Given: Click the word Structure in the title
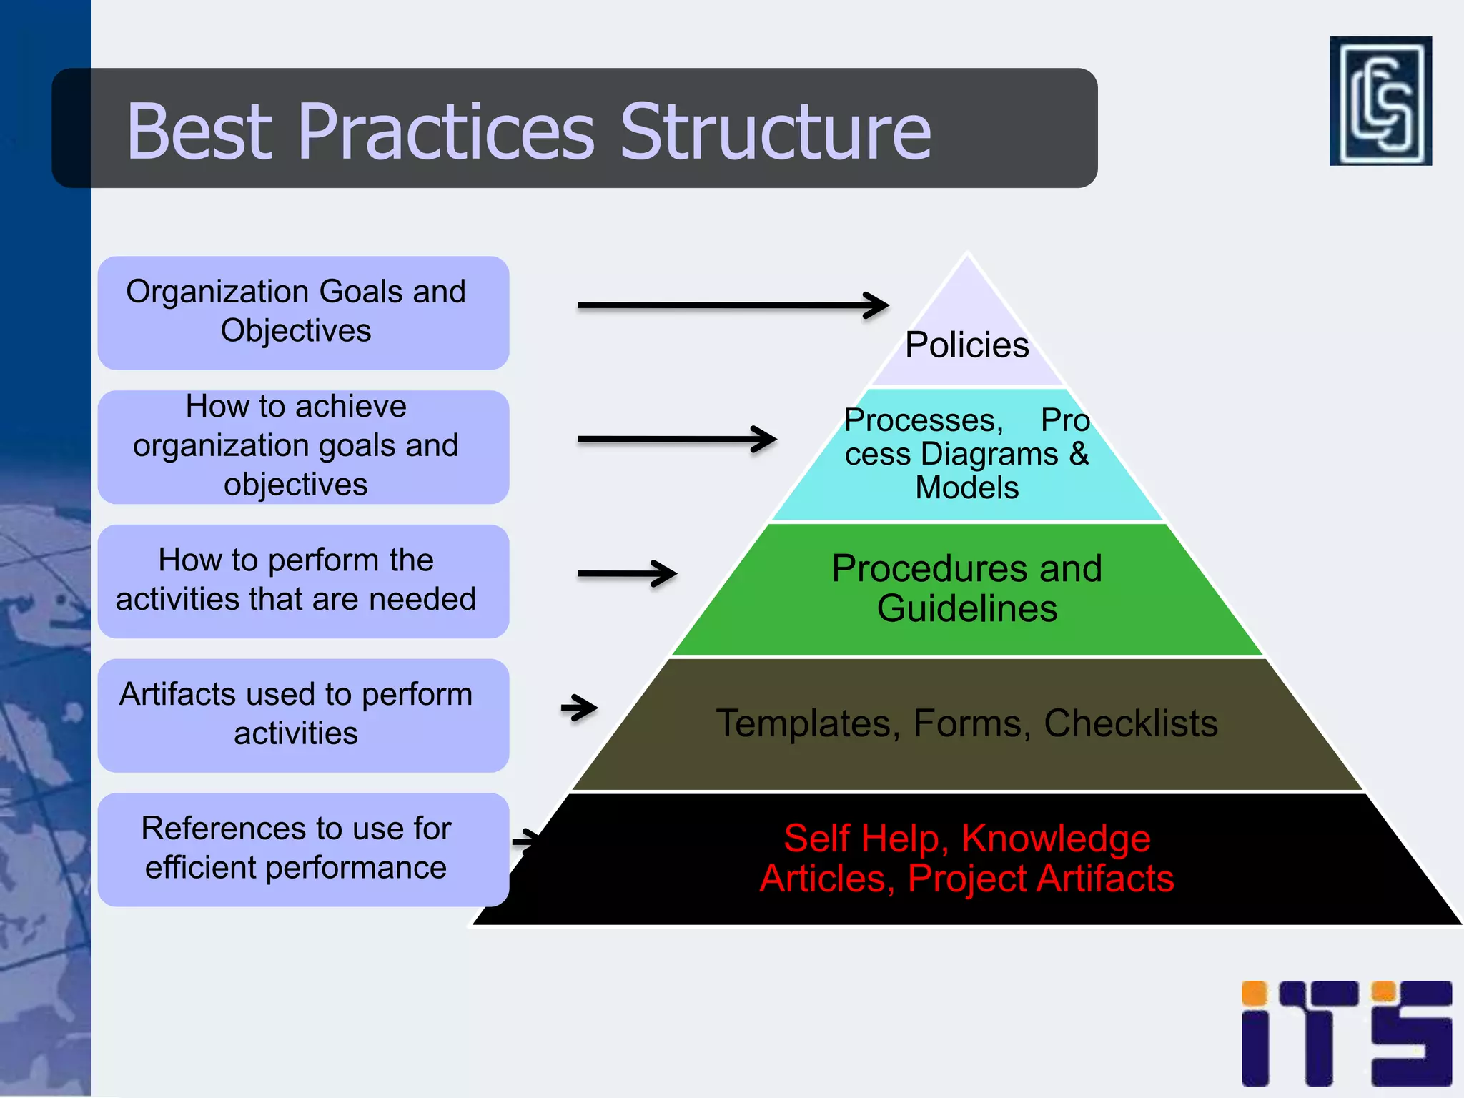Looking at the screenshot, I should tap(775, 132).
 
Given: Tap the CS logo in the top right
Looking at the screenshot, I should tap(1380, 101).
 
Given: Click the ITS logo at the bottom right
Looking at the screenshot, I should tap(1346, 1033).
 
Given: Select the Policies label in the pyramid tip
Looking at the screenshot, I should tap(966, 345).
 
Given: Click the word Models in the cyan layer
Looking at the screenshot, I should tap(966, 488).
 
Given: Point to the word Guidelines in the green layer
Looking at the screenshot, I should tap(966, 609).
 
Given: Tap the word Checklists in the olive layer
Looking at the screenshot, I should tap(1130, 723).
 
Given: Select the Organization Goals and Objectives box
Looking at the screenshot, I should tap(303, 312).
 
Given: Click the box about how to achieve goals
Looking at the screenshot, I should tap(303, 446).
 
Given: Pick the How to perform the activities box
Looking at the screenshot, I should tap(303, 580).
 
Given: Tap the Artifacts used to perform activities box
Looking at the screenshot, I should tap(303, 715).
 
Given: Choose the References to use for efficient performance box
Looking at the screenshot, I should tap(303, 849).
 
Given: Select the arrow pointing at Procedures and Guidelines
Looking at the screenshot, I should tap(627, 573).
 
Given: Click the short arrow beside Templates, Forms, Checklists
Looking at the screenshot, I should tap(580, 708).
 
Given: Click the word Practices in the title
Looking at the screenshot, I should tap(446, 132).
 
